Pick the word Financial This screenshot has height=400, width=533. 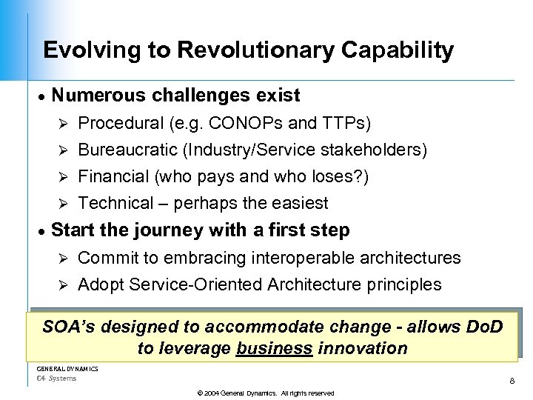point(113,177)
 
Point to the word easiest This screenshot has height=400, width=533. point(299,203)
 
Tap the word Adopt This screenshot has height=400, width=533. point(98,284)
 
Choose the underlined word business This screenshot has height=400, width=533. point(274,348)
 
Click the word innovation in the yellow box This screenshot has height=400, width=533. point(363,348)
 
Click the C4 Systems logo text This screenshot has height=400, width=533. point(56,379)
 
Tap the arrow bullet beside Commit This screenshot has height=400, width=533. point(64,259)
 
